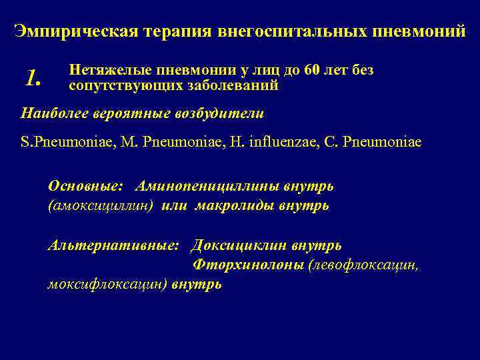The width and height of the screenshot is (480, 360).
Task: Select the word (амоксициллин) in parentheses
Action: click(101, 206)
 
